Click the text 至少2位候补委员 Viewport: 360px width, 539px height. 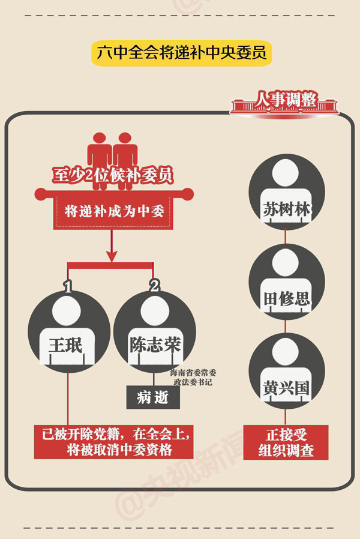pyautogui.click(x=112, y=175)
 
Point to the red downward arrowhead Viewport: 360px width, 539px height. pyautogui.click(x=111, y=256)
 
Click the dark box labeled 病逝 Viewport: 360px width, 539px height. pyautogui.click(x=153, y=397)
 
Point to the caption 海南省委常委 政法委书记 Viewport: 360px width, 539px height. pyautogui.click(x=191, y=377)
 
